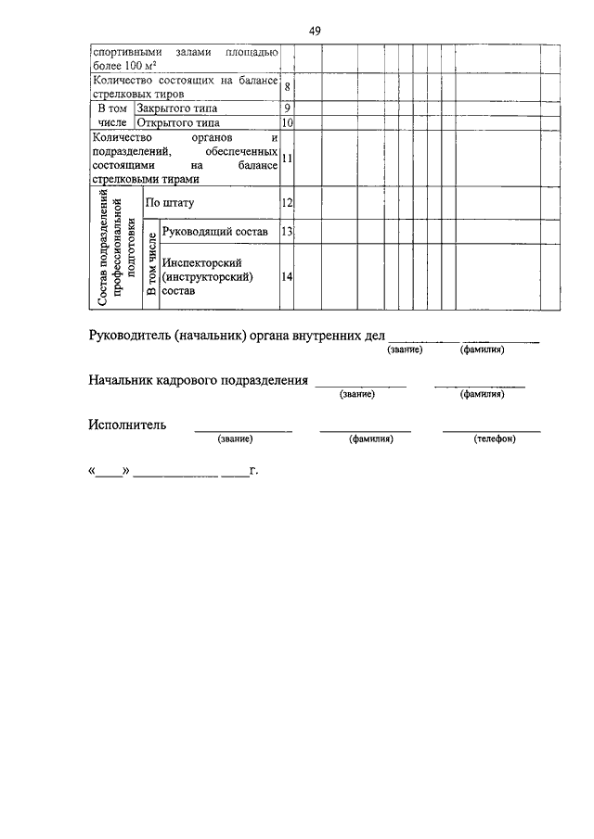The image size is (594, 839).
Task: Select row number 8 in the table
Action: [x=288, y=87]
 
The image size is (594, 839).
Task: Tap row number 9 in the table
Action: [x=288, y=108]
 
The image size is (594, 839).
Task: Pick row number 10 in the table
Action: [x=288, y=122]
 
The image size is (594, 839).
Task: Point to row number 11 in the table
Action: [x=288, y=158]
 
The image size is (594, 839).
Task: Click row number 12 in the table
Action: [x=288, y=202]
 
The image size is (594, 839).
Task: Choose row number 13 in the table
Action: [x=288, y=231]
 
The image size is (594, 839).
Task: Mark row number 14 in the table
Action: [x=288, y=276]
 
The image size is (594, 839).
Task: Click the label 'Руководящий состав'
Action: [x=214, y=231]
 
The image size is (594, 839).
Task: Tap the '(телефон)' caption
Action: [x=493, y=439]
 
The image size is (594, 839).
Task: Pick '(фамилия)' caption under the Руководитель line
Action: [x=481, y=350]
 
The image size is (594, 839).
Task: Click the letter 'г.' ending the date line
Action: [x=253, y=470]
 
